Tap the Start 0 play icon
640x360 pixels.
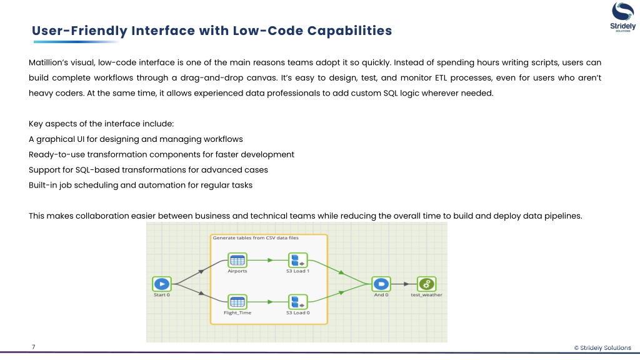pyautogui.click(x=161, y=283)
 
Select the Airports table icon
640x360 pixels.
pyautogui.click(x=237, y=260)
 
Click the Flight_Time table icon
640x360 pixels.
pyautogui.click(x=237, y=302)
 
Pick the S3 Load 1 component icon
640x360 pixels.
pyautogui.click(x=297, y=260)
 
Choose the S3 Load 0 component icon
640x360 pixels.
pyautogui.click(x=297, y=302)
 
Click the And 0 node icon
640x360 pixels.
pyautogui.click(x=380, y=283)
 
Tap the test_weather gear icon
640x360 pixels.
pyautogui.click(x=426, y=283)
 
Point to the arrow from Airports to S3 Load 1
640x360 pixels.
pyautogui.click(x=267, y=260)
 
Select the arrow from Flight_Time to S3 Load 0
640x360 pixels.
pyautogui.click(x=267, y=302)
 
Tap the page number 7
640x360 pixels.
pyautogui.click(x=33, y=347)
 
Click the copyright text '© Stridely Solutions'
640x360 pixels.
pyautogui.click(x=602, y=347)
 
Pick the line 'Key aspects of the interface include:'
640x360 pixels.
pyautogui.click(x=96, y=123)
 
